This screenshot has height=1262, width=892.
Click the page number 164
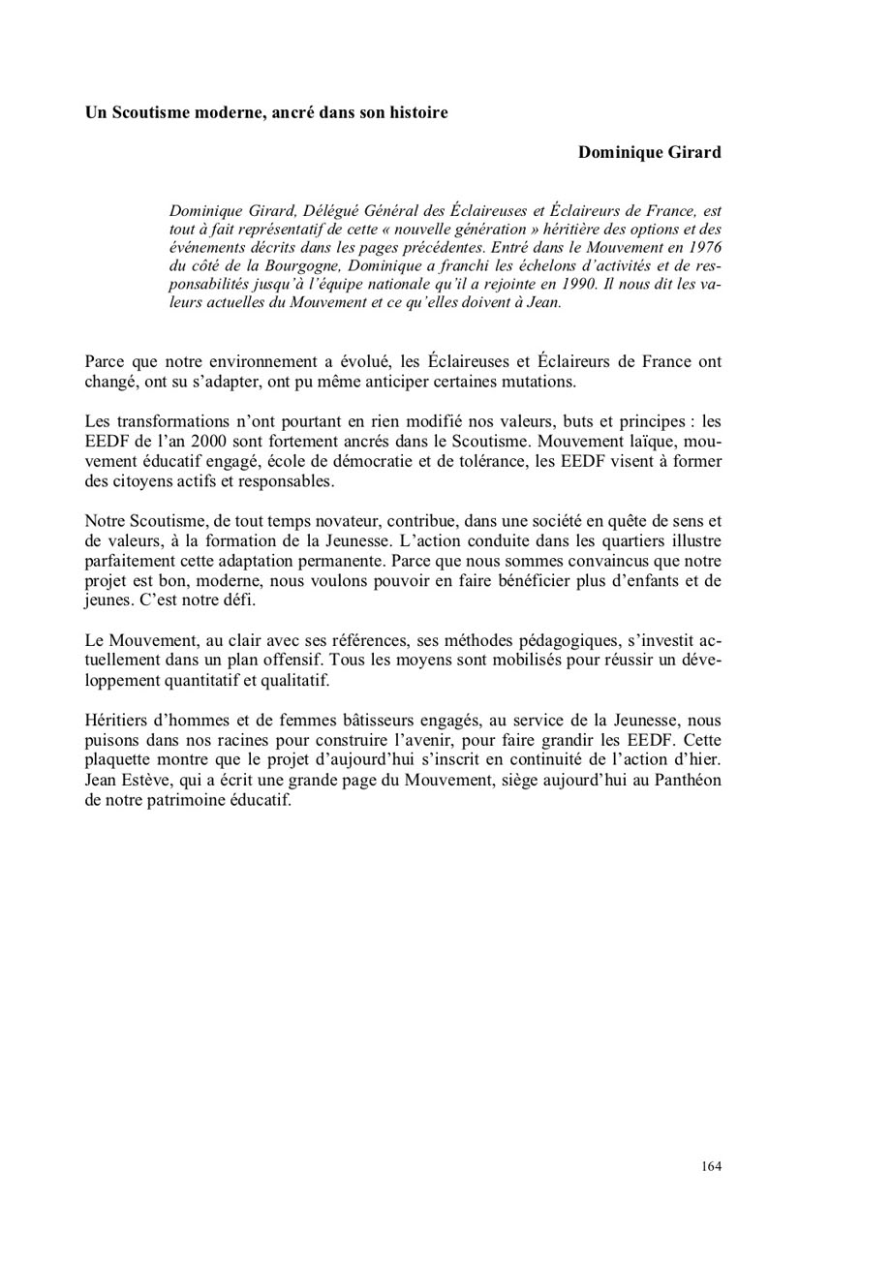(711, 1166)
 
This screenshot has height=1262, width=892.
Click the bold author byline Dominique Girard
(649, 152)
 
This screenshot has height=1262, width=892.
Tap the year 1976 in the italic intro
(702, 247)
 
